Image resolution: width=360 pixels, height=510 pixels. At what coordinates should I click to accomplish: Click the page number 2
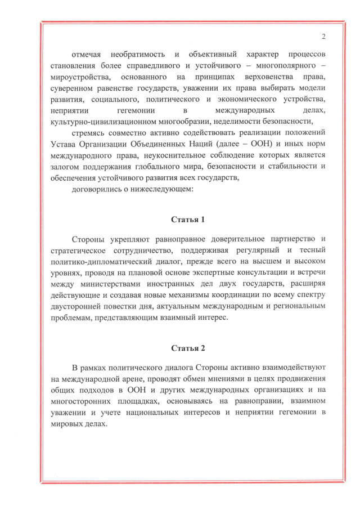[324, 37]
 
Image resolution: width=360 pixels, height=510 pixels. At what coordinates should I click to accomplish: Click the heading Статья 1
[187, 218]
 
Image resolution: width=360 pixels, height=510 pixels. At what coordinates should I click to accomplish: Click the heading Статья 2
[187, 348]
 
